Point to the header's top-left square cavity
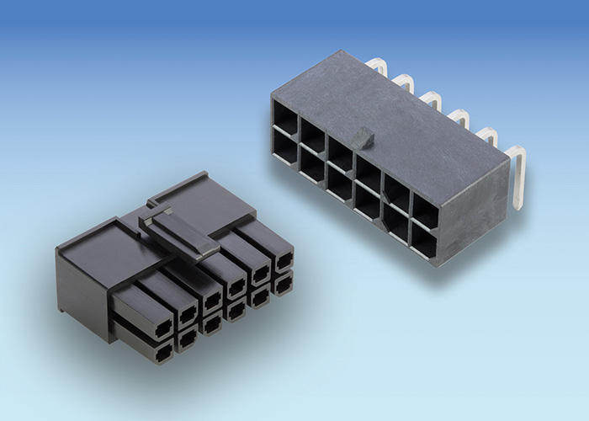pyautogui.click(x=284, y=117)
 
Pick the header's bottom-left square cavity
pyautogui.click(x=284, y=149)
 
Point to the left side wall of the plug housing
pyautogui.click(x=84, y=295)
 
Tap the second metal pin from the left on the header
pyautogui.click(x=403, y=82)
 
